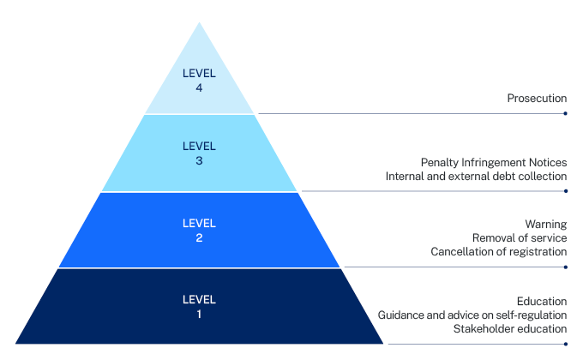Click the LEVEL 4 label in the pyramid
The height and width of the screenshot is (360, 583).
(x=199, y=81)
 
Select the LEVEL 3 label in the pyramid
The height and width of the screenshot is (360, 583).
(x=199, y=153)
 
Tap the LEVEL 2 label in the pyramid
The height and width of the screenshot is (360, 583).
(x=199, y=231)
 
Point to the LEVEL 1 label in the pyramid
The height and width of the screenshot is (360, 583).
(x=199, y=307)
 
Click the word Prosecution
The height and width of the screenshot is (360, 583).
(x=537, y=99)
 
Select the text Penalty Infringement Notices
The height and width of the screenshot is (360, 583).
(x=494, y=163)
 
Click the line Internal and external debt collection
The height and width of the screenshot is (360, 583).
(x=476, y=176)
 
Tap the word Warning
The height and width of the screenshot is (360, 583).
(x=546, y=225)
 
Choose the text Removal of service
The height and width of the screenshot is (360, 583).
(x=520, y=237)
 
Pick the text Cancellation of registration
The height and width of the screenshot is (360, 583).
(x=499, y=251)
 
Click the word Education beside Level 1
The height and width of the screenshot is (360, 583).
(x=542, y=301)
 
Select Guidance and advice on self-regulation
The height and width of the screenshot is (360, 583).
(x=472, y=315)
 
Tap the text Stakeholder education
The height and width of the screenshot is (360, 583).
(x=510, y=329)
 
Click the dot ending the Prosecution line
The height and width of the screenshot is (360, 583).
(x=565, y=113)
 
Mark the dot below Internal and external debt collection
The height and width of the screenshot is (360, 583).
(x=566, y=191)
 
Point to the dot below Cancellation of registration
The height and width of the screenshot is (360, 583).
(x=566, y=267)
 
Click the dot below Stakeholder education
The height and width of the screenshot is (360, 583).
(x=566, y=344)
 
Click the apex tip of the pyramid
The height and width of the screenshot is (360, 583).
(x=199, y=22)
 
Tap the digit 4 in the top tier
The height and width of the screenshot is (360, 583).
(x=199, y=87)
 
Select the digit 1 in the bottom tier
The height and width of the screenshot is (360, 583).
(x=199, y=315)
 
